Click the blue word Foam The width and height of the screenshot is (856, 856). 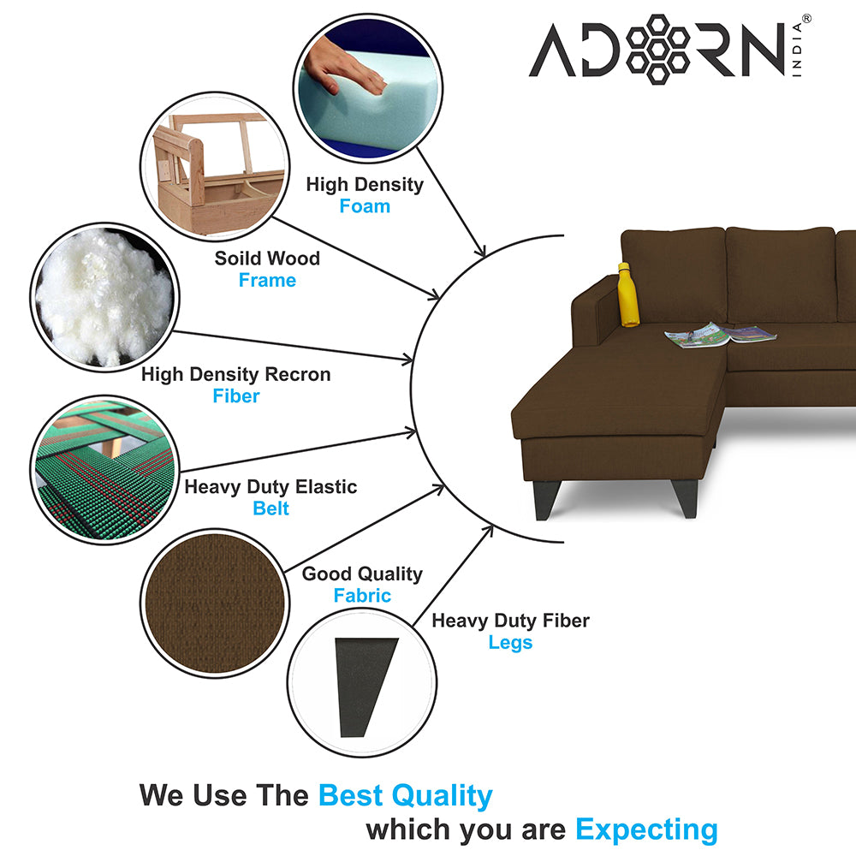[365, 206]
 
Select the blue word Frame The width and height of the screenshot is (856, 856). [267, 280]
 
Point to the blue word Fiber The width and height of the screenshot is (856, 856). [236, 395]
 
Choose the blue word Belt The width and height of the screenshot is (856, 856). [270, 508]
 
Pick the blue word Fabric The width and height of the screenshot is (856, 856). [362, 595]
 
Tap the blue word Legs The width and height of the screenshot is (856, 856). [510, 643]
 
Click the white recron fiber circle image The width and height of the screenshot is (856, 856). [104, 298]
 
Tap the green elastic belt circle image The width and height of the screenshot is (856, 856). [104, 470]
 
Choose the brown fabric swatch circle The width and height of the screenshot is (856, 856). [215, 603]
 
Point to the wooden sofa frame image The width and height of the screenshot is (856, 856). [215, 167]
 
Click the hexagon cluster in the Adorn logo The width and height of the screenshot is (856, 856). [657, 49]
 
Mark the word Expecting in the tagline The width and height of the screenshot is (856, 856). [647, 830]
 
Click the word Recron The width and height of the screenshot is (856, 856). [298, 375]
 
